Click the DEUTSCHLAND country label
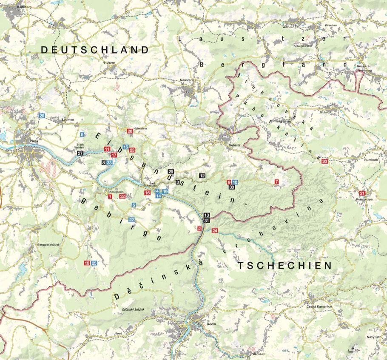[x=95, y=50]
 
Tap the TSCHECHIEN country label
[x=284, y=266]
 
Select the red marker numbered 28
[x=130, y=131]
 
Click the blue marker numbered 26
[x=42, y=116]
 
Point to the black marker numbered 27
[x=81, y=153]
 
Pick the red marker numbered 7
[x=276, y=182]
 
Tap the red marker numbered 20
[x=325, y=162]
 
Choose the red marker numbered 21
[x=362, y=193]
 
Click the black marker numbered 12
[x=202, y=176]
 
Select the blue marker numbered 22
[x=132, y=220]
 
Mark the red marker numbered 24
[x=214, y=231]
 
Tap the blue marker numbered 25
[x=94, y=263]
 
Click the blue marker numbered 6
[x=82, y=135]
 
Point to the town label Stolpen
[x=109, y=62]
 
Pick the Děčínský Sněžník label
[x=133, y=310]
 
